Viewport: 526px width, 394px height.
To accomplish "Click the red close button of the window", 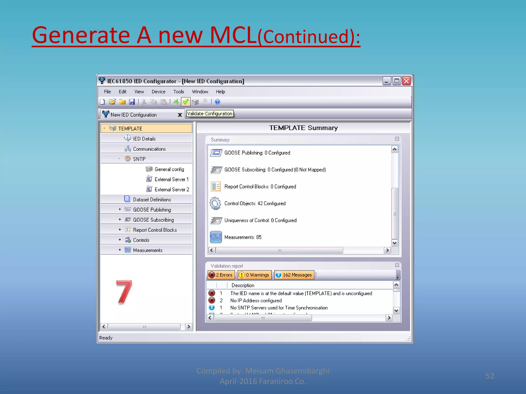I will [x=406, y=81].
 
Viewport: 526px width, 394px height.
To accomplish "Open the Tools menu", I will [x=179, y=92].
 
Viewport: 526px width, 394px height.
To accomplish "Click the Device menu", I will [x=158, y=92].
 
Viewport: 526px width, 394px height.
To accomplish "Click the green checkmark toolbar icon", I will [x=185, y=102].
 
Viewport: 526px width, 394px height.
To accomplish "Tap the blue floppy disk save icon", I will [x=132, y=102].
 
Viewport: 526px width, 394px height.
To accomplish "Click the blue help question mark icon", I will [x=217, y=102].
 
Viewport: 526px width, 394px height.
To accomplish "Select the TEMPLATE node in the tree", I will [x=130, y=129].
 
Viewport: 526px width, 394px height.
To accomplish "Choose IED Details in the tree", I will [x=144, y=139].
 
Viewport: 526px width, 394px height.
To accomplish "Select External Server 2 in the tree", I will [x=172, y=190].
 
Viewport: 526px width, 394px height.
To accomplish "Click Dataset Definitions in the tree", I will [x=152, y=200].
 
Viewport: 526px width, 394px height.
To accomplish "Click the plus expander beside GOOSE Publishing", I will [x=120, y=209].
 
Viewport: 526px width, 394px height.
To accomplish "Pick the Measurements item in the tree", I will [x=148, y=250].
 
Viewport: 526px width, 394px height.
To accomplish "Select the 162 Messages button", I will [x=294, y=275].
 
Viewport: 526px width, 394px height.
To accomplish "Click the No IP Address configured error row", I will [x=256, y=301].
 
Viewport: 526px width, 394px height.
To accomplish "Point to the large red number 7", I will [x=124, y=292].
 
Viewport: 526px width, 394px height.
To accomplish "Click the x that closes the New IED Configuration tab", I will [x=180, y=115].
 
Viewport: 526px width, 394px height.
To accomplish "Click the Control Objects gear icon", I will [x=215, y=203].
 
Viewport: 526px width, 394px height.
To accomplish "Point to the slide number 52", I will [x=490, y=376].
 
